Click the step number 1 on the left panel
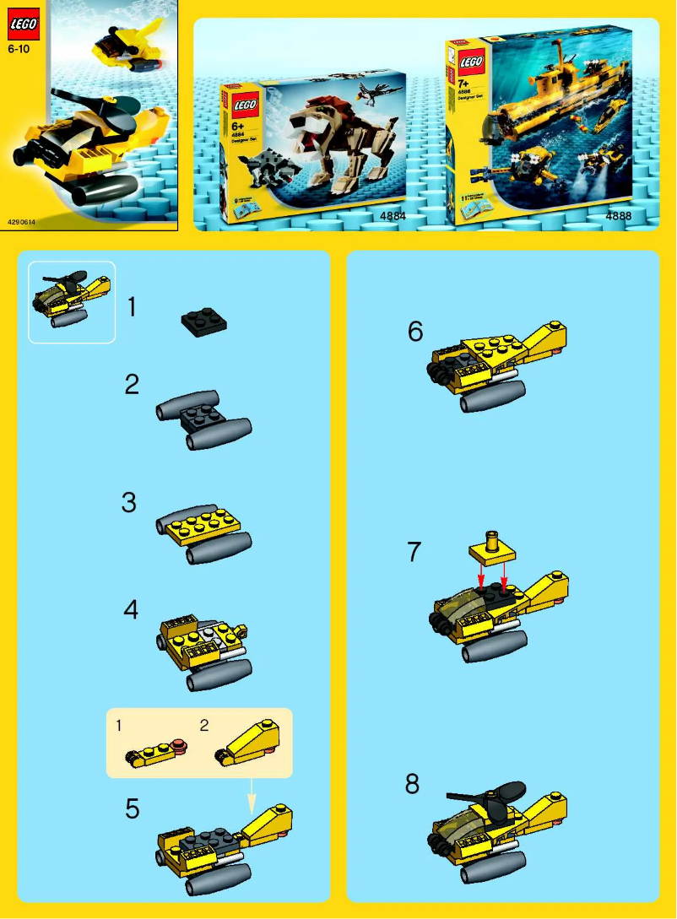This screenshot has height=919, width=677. point(131,307)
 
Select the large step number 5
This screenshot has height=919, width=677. point(132,808)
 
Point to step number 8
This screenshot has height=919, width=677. point(412,784)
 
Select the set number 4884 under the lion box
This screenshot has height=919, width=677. point(393,217)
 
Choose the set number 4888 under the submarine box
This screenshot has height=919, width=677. point(618,217)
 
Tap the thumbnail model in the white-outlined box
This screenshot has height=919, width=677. point(71,301)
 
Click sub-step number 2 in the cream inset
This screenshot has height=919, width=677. point(203,725)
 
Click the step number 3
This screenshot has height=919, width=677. point(128,503)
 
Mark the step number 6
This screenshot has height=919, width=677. point(414,332)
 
